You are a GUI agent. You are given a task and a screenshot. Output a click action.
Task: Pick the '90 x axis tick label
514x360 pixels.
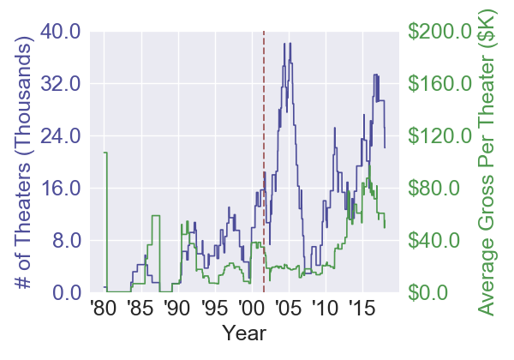176,308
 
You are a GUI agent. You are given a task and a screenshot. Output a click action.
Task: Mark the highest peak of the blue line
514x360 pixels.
290,43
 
